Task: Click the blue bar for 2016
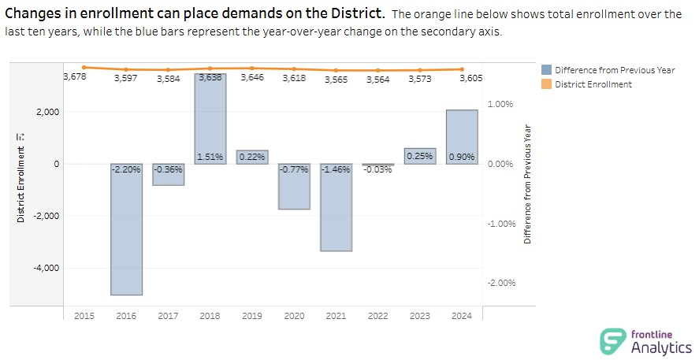[x=126, y=236]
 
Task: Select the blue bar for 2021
[x=336, y=213]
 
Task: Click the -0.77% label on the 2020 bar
[x=294, y=169]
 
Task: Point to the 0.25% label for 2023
[x=420, y=157]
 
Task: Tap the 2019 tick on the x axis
[x=252, y=316]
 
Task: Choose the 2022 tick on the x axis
[x=378, y=316]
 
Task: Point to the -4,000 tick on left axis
[x=47, y=268]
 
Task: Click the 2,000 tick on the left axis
[x=48, y=112]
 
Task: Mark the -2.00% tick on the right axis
[x=501, y=283]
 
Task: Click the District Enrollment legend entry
[x=593, y=84]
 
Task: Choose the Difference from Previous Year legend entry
[x=615, y=70]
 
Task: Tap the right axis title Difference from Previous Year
[x=528, y=183]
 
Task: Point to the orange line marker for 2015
[x=84, y=67]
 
